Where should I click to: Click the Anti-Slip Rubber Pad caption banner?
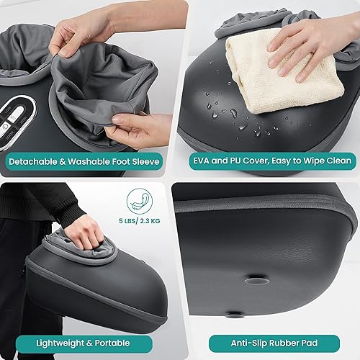pyautogui.click(x=274, y=343)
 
